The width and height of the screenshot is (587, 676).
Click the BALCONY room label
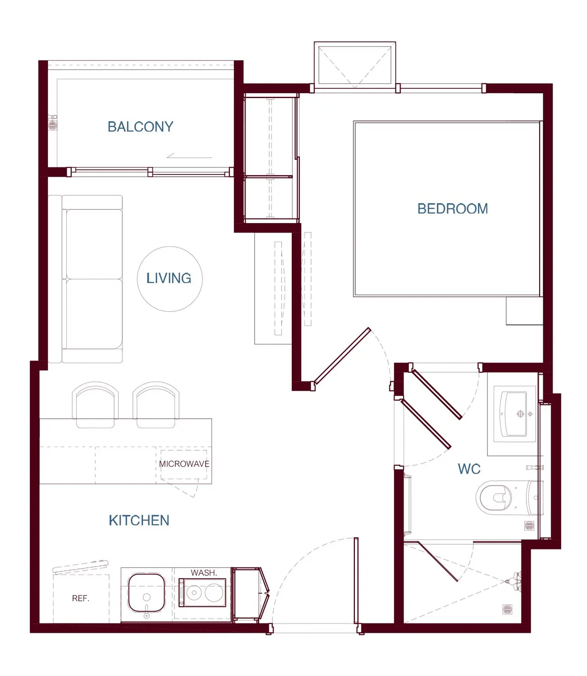(140, 127)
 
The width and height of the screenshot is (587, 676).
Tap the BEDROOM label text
(453, 209)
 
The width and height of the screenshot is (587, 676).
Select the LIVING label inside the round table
(169, 278)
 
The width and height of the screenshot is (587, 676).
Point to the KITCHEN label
(139, 521)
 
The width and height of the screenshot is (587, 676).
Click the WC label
(469, 469)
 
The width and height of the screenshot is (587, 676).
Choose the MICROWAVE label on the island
(184, 464)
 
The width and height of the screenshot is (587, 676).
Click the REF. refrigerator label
(81, 598)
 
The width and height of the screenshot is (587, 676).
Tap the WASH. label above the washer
(204, 573)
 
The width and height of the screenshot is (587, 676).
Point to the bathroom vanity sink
(514, 414)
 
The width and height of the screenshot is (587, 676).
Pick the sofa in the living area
(85, 279)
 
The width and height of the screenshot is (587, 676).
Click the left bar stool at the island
(95, 405)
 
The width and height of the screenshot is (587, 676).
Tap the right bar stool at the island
(156, 405)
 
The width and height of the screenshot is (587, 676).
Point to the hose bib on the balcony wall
(53, 123)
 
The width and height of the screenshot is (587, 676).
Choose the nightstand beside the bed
(524, 311)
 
